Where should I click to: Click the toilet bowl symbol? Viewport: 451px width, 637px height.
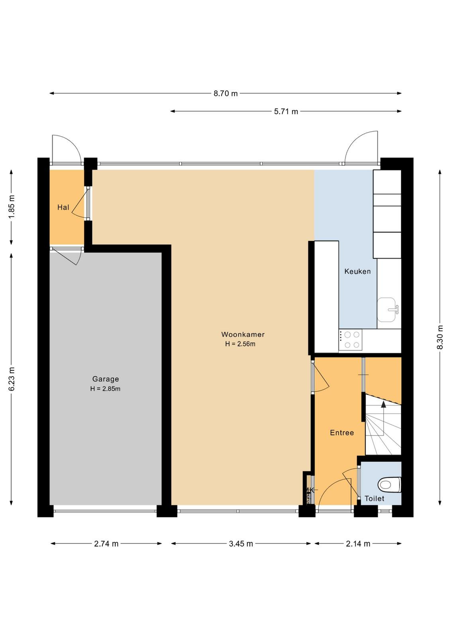(x=389, y=485)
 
